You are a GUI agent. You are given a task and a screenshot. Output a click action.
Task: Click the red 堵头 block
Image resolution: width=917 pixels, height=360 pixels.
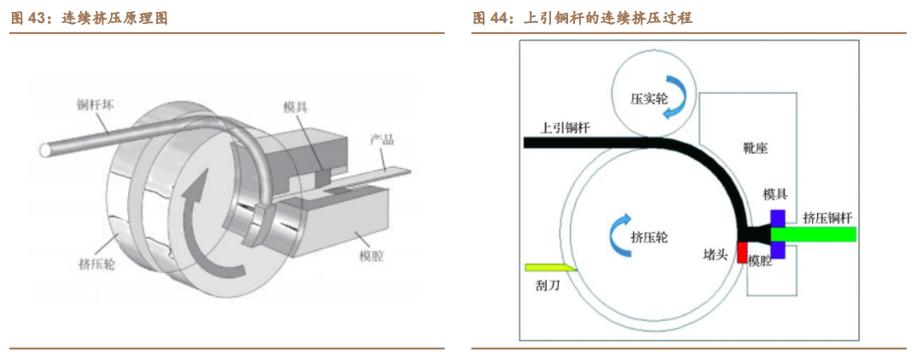[x=742, y=253]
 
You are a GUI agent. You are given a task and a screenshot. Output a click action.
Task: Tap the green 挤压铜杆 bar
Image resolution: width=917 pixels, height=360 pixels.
[x=814, y=235]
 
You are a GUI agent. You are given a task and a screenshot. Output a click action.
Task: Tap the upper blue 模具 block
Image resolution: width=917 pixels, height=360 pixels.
[x=778, y=218]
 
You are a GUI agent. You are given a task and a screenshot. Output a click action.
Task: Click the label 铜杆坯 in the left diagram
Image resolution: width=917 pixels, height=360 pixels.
[x=92, y=105]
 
